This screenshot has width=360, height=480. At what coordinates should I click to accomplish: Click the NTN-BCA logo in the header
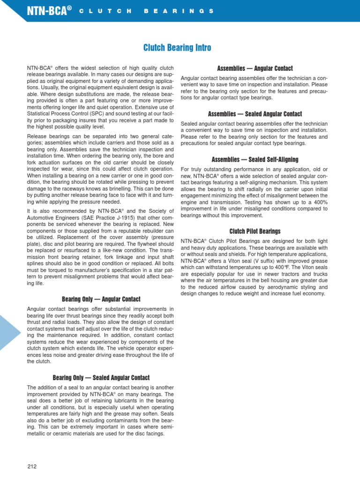pyautogui.click(x=48, y=10)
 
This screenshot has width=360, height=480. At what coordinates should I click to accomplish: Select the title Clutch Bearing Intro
pyautogui.click(x=177, y=48)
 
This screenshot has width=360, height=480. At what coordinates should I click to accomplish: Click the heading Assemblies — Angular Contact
pyautogui.click(x=255, y=68)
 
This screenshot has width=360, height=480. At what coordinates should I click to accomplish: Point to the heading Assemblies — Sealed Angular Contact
pyautogui.click(x=255, y=114)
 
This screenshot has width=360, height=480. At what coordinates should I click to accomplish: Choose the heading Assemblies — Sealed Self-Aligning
pyautogui.click(x=255, y=159)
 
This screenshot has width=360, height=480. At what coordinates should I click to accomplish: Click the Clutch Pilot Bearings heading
pyautogui.click(x=255, y=231)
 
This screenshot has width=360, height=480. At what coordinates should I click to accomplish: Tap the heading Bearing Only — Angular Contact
pyautogui.click(x=101, y=299)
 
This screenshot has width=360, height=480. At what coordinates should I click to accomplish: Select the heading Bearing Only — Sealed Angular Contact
pyautogui.click(x=101, y=377)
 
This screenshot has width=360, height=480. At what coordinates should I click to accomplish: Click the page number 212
pyautogui.click(x=32, y=466)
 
